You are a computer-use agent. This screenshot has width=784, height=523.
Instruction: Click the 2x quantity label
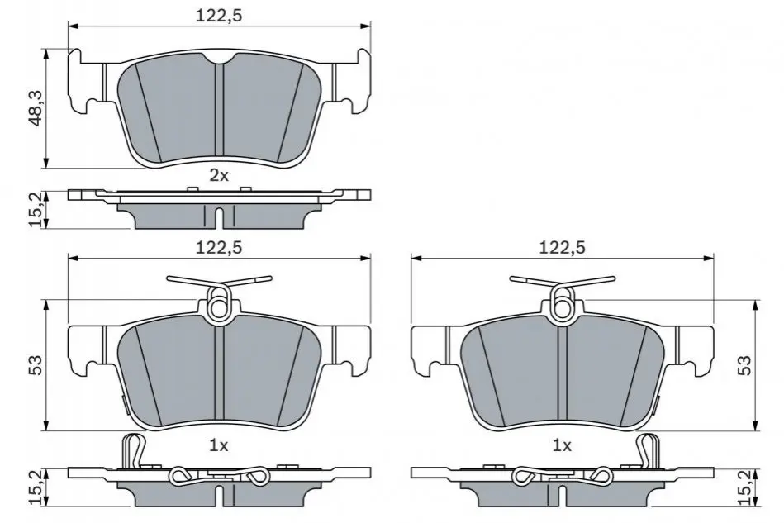(x=218, y=175)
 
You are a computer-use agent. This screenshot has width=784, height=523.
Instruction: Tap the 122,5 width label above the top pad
(x=218, y=16)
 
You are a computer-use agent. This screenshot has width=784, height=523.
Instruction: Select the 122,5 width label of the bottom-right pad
(x=562, y=247)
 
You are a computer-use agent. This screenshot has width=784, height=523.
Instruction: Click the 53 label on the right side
(x=745, y=365)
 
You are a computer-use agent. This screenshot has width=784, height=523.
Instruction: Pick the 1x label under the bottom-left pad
(x=218, y=445)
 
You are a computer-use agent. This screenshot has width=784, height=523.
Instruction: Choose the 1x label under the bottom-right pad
(x=562, y=445)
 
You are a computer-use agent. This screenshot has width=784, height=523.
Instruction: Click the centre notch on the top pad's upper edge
(x=218, y=59)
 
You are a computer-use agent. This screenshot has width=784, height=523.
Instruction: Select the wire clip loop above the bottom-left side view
(x=132, y=450)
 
